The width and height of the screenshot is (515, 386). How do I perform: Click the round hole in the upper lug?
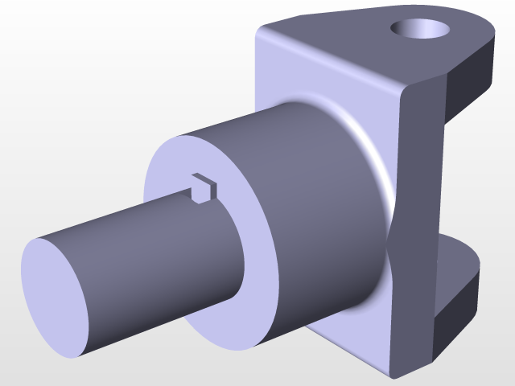pos(420,30)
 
